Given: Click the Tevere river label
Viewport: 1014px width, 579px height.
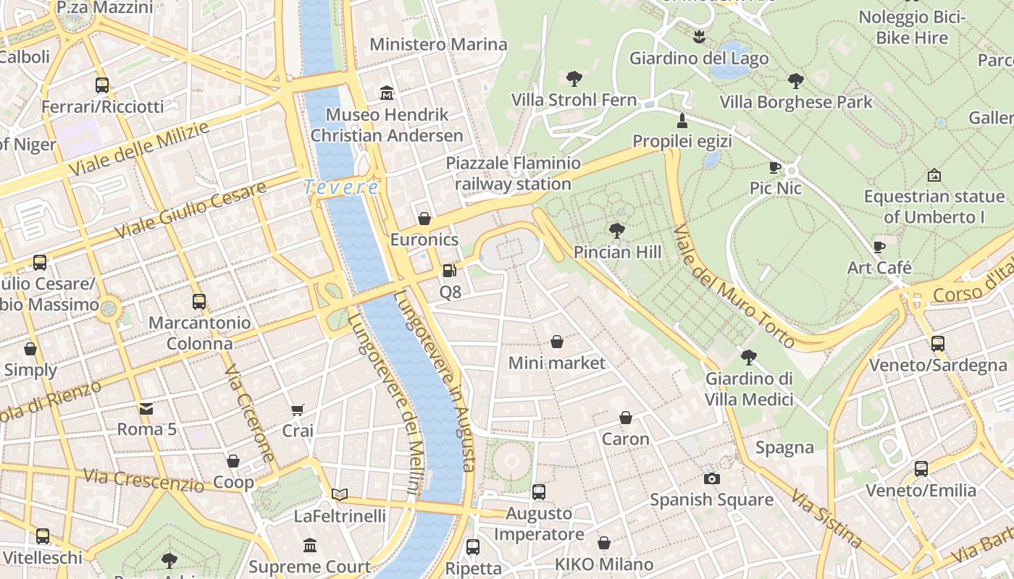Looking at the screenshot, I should coord(340,187).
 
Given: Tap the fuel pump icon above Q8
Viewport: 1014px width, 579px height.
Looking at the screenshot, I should coord(450,271).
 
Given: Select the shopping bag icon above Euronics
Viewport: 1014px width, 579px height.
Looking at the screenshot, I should coord(424,219).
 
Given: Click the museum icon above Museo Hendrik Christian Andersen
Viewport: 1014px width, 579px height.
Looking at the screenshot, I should coord(387,93).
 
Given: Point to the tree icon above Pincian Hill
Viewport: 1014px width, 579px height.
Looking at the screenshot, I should coord(617,231).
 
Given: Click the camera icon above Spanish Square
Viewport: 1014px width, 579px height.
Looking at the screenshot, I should coord(711,478).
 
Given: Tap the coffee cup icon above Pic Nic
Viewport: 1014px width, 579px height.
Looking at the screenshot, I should coord(775,168).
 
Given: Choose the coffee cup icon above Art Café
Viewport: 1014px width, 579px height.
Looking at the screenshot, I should coord(879,247).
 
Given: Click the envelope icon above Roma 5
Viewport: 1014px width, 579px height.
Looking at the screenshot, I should coord(146,408).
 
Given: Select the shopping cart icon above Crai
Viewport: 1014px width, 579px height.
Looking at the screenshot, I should coord(297,410).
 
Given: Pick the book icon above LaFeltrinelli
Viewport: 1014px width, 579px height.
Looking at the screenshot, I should coord(340,495).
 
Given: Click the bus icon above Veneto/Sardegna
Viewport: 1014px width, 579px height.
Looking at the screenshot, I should coord(937,344).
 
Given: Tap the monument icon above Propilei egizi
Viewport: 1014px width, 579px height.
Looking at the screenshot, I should coord(682,120).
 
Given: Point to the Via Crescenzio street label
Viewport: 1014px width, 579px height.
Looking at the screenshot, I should coord(143,479).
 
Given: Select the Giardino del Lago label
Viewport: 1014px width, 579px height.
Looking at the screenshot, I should coord(699,58).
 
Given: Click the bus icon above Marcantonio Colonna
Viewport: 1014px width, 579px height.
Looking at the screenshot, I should coord(199,302).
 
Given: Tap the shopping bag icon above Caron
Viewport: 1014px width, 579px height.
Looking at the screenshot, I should coord(626,418).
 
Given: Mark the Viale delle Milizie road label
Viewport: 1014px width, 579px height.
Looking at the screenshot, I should coord(139,149).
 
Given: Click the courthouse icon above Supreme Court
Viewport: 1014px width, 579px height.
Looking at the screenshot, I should coord(310,545).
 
